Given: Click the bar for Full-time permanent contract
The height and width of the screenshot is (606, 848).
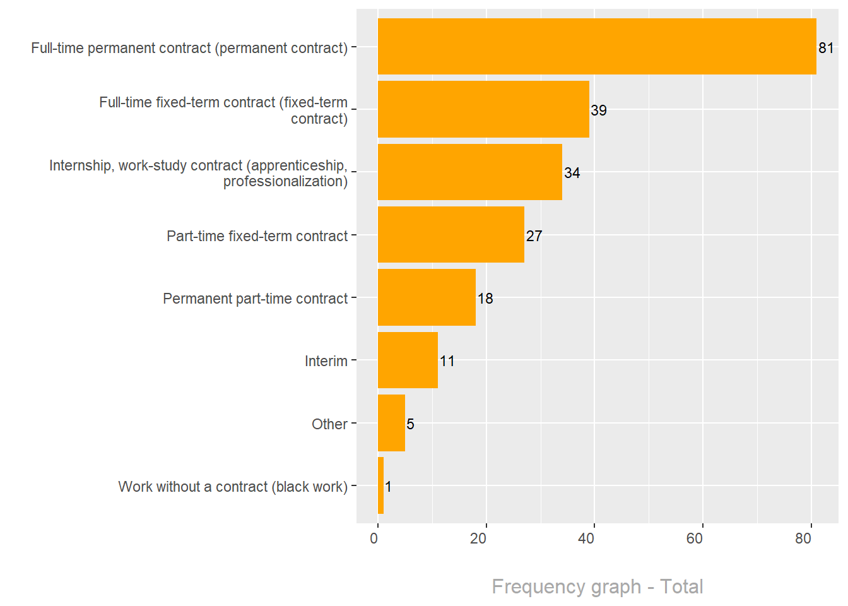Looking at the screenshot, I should pyautogui.click(x=596, y=46).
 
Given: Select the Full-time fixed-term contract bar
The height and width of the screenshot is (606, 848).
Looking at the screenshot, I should pyautogui.click(x=483, y=109).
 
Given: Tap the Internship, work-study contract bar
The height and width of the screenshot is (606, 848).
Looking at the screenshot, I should pyautogui.click(x=469, y=172).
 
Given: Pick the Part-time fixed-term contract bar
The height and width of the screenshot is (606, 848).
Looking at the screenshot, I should pyautogui.click(x=450, y=234).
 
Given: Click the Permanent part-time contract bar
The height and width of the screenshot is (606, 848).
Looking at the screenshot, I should pyautogui.click(x=427, y=297).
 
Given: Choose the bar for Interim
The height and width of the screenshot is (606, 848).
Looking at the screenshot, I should pyautogui.click(x=408, y=360).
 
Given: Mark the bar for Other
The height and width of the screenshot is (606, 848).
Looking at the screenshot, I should pyautogui.click(x=391, y=423).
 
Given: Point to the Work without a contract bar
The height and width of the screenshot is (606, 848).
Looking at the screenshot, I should pyautogui.click(x=380, y=485).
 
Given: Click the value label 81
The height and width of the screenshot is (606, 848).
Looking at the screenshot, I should pyautogui.click(x=826, y=48).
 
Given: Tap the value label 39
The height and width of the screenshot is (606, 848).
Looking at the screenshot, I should pyautogui.click(x=599, y=110).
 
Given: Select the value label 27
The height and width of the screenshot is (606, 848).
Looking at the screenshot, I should pyautogui.click(x=534, y=236).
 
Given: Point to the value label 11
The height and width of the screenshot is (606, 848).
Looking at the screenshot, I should pyautogui.click(x=447, y=361).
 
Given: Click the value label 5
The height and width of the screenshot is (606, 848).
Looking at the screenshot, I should pyautogui.click(x=411, y=424).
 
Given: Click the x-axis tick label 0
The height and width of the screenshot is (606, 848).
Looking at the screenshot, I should pyautogui.click(x=374, y=538).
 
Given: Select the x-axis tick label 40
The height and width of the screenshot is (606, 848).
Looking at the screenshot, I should pyautogui.click(x=586, y=538).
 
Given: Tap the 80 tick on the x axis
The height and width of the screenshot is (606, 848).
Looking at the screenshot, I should pyautogui.click(x=803, y=538).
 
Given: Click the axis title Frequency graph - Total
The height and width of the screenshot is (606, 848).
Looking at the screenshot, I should pyautogui.click(x=598, y=586).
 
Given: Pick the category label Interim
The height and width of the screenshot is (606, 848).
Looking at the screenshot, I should pyautogui.click(x=326, y=361).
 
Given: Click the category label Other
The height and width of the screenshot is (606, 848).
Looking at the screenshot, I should pyautogui.click(x=329, y=424).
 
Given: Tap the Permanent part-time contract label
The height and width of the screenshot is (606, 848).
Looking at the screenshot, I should pyautogui.click(x=256, y=299).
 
